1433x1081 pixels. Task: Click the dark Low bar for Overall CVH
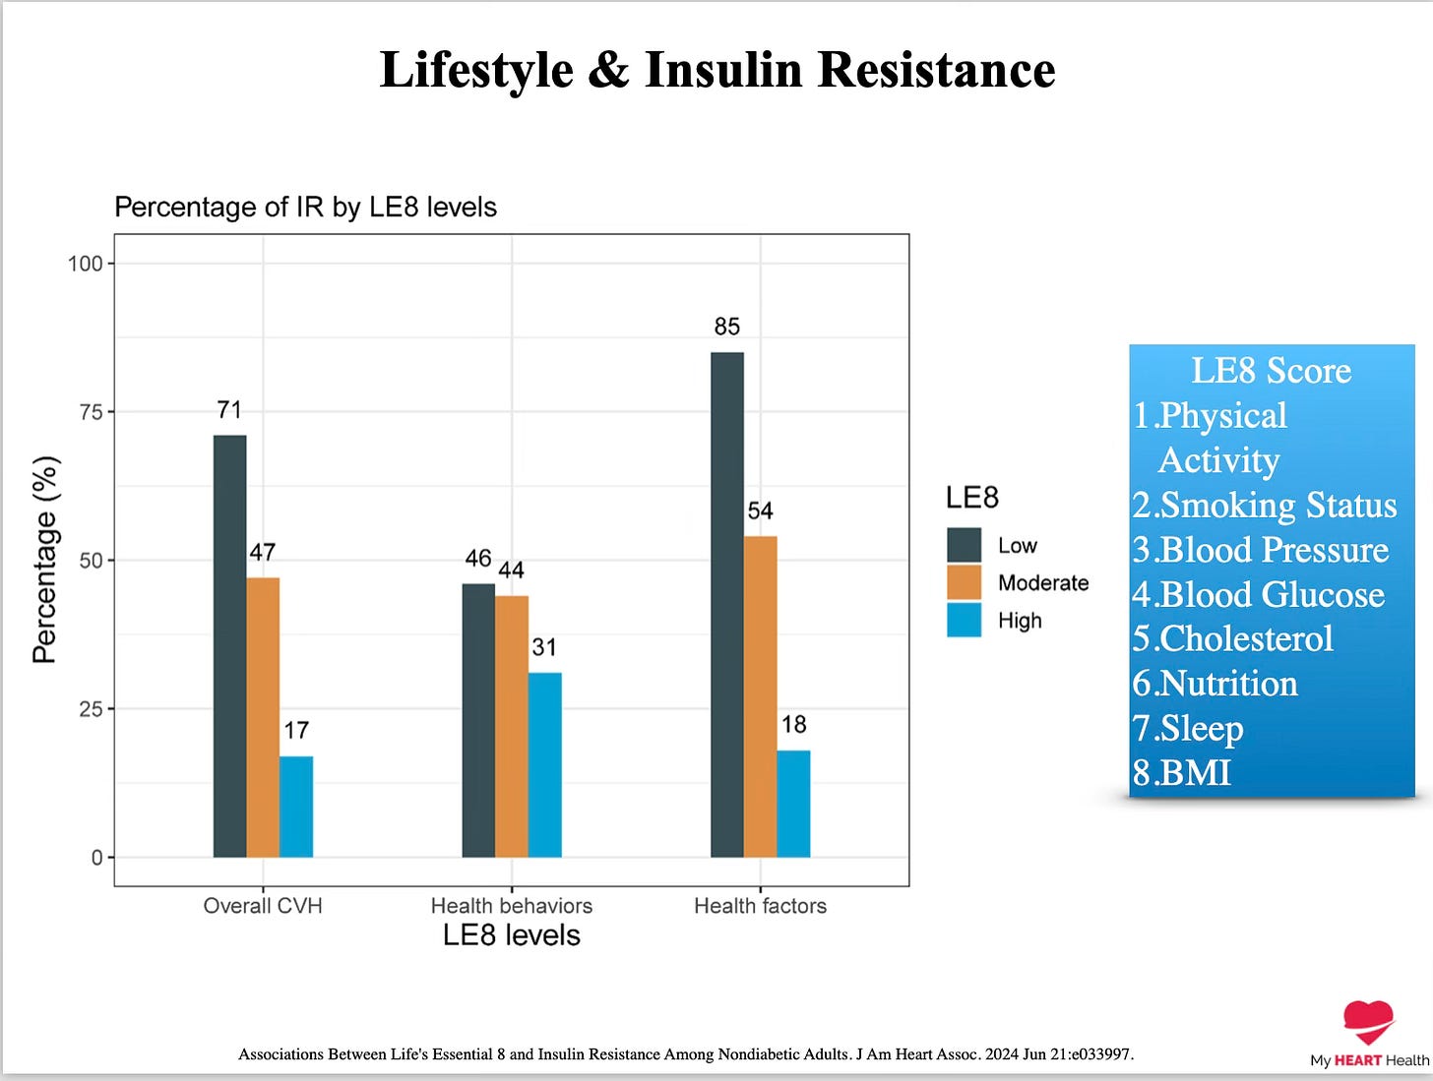pos(229,646)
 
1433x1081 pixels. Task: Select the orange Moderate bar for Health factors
pos(761,696)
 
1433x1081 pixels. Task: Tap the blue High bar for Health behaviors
pos(545,764)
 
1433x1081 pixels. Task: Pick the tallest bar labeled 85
pos(727,605)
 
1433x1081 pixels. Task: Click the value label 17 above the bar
pos(296,730)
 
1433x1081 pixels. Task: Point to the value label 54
pos(761,510)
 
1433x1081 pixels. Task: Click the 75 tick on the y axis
pos(91,412)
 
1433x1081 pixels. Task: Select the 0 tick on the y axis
pos(97,858)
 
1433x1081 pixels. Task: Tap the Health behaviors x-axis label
pos(512,906)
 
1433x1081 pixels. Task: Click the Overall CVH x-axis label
pos(263,906)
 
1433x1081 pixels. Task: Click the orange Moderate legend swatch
pos(965,582)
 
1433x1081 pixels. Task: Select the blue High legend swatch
pos(965,620)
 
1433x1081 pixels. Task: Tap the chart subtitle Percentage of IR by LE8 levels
pos(305,207)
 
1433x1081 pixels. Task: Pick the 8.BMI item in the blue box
pos(1182,772)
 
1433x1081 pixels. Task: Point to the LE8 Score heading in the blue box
pos(1272,371)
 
